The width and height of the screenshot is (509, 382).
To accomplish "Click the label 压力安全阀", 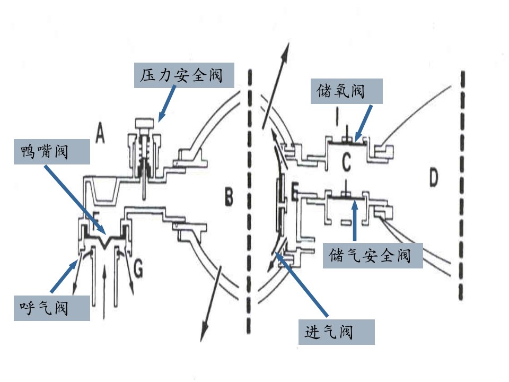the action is click(184, 75).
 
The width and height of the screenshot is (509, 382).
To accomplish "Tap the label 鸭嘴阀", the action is click(51, 152).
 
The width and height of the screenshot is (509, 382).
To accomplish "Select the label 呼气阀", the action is click(51, 308).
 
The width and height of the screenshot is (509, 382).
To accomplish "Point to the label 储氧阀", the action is click(346, 91).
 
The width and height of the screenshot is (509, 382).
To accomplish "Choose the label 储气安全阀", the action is click(373, 255).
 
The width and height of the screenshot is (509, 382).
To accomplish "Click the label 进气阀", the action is click(336, 332).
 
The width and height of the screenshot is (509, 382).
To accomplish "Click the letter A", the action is click(100, 134).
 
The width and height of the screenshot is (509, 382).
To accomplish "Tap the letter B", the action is click(229, 196).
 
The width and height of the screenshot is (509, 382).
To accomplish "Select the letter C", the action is click(346, 162).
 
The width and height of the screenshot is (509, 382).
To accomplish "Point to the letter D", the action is click(434, 177).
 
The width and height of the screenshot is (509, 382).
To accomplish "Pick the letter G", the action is click(138, 268).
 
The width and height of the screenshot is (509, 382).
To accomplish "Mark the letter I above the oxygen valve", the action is click(338, 117).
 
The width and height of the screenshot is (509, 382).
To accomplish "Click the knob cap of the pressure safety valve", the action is click(145, 124).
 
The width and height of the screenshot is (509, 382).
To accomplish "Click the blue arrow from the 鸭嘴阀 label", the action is click(76, 200).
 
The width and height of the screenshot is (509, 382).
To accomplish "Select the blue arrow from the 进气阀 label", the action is click(302, 284).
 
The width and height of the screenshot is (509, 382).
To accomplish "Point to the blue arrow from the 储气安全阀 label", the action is click(355, 221).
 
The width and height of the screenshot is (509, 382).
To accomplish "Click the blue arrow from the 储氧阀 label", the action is click(363, 124).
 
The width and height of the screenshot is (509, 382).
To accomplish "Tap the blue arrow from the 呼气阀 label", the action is click(64, 276).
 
